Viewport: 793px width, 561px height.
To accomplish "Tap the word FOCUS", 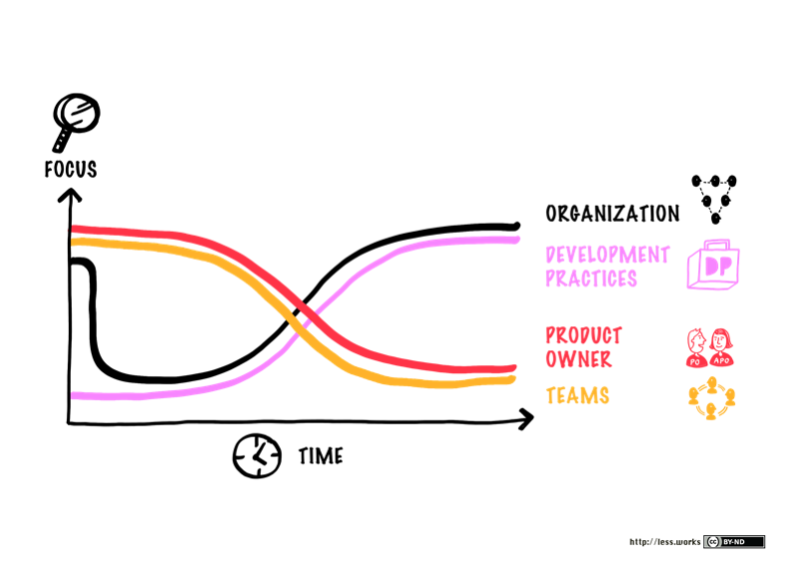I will pyautogui.click(x=70, y=169).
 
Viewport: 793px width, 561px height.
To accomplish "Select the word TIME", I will pyautogui.click(x=321, y=457).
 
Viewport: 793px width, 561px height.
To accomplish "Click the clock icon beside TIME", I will pyautogui.click(x=256, y=456).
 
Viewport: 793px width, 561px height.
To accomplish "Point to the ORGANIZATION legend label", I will pyautogui.click(x=612, y=213).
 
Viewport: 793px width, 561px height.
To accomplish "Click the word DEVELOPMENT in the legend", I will pyautogui.click(x=607, y=255).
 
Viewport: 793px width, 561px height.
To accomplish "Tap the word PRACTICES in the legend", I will pyautogui.click(x=590, y=279).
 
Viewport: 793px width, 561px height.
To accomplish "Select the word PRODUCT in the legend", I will pyautogui.click(x=583, y=335).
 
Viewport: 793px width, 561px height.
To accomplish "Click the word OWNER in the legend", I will pyautogui.click(x=578, y=358).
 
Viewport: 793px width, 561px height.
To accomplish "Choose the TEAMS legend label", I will pyautogui.click(x=577, y=395).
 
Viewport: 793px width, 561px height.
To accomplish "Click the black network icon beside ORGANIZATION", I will pyautogui.click(x=716, y=198).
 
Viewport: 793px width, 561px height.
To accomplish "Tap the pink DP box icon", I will pyautogui.click(x=713, y=266).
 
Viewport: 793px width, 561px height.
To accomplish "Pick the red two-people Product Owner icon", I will pyautogui.click(x=711, y=346).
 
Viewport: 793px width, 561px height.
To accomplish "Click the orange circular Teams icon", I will pyautogui.click(x=712, y=397).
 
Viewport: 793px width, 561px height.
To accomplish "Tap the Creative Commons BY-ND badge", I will pyautogui.click(x=734, y=542).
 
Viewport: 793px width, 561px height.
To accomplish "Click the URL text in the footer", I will pyautogui.click(x=664, y=542).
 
